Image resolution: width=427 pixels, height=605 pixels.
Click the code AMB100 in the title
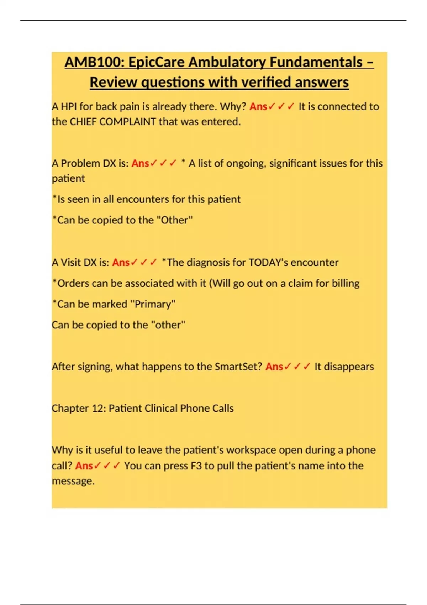(x=94, y=62)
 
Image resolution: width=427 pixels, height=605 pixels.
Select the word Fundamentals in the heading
(x=316, y=62)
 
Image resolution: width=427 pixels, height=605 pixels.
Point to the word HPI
(x=69, y=106)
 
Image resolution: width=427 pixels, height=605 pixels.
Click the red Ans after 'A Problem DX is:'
(x=140, y=163)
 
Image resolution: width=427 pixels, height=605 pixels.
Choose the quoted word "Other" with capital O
(x=175, y=220)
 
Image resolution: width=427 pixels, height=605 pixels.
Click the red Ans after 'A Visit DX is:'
(x=121, y=263)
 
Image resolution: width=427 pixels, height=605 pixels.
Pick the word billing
(x=346, y=283)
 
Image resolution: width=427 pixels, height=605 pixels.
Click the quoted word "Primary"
(x=153, y=304)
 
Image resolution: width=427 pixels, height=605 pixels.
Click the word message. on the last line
(x=73, y=481)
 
